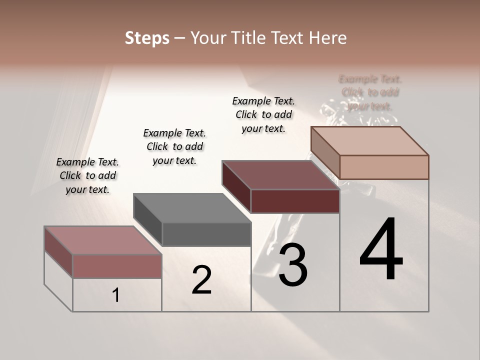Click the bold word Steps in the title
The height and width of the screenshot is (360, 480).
coord(147,38)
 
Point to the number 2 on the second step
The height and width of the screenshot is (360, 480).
coord(201,280)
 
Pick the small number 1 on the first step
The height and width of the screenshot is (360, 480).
coord(116,295)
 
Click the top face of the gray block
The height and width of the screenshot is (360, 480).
coord(192,208)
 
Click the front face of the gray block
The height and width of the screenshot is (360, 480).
coord(206,234)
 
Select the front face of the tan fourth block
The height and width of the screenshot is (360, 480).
coord(384,167)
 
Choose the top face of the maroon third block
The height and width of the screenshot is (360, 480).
coord(280,175)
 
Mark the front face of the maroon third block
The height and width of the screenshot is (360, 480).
coord(295,201)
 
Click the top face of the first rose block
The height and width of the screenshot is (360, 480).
coord(103,240)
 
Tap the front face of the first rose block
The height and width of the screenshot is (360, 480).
coord(117,266)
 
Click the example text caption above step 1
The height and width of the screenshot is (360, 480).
coord(87,175)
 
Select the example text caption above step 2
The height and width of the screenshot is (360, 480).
coord(174,146)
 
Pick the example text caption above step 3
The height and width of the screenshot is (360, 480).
coord(263,114)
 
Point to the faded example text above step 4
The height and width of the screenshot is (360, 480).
coord(370,92)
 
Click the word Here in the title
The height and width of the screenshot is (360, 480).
coord(329,38)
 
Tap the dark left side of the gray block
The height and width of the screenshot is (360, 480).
coord(148,219)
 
